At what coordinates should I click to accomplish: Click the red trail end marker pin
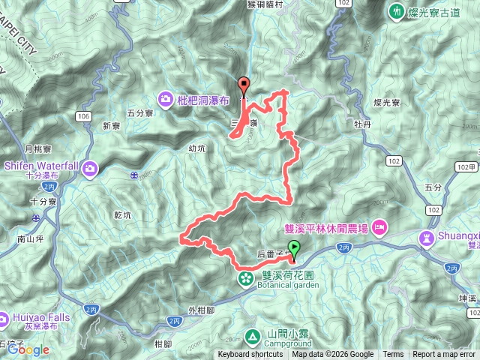[243, 85]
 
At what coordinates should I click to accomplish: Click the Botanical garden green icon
[245, 279]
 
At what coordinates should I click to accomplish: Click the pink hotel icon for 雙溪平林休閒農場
[381, 226]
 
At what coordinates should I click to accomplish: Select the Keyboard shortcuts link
[250, 355]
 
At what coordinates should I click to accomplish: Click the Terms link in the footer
[393, 355]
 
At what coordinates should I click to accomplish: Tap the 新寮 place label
[112, 125]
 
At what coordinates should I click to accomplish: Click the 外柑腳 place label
[202, 310]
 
